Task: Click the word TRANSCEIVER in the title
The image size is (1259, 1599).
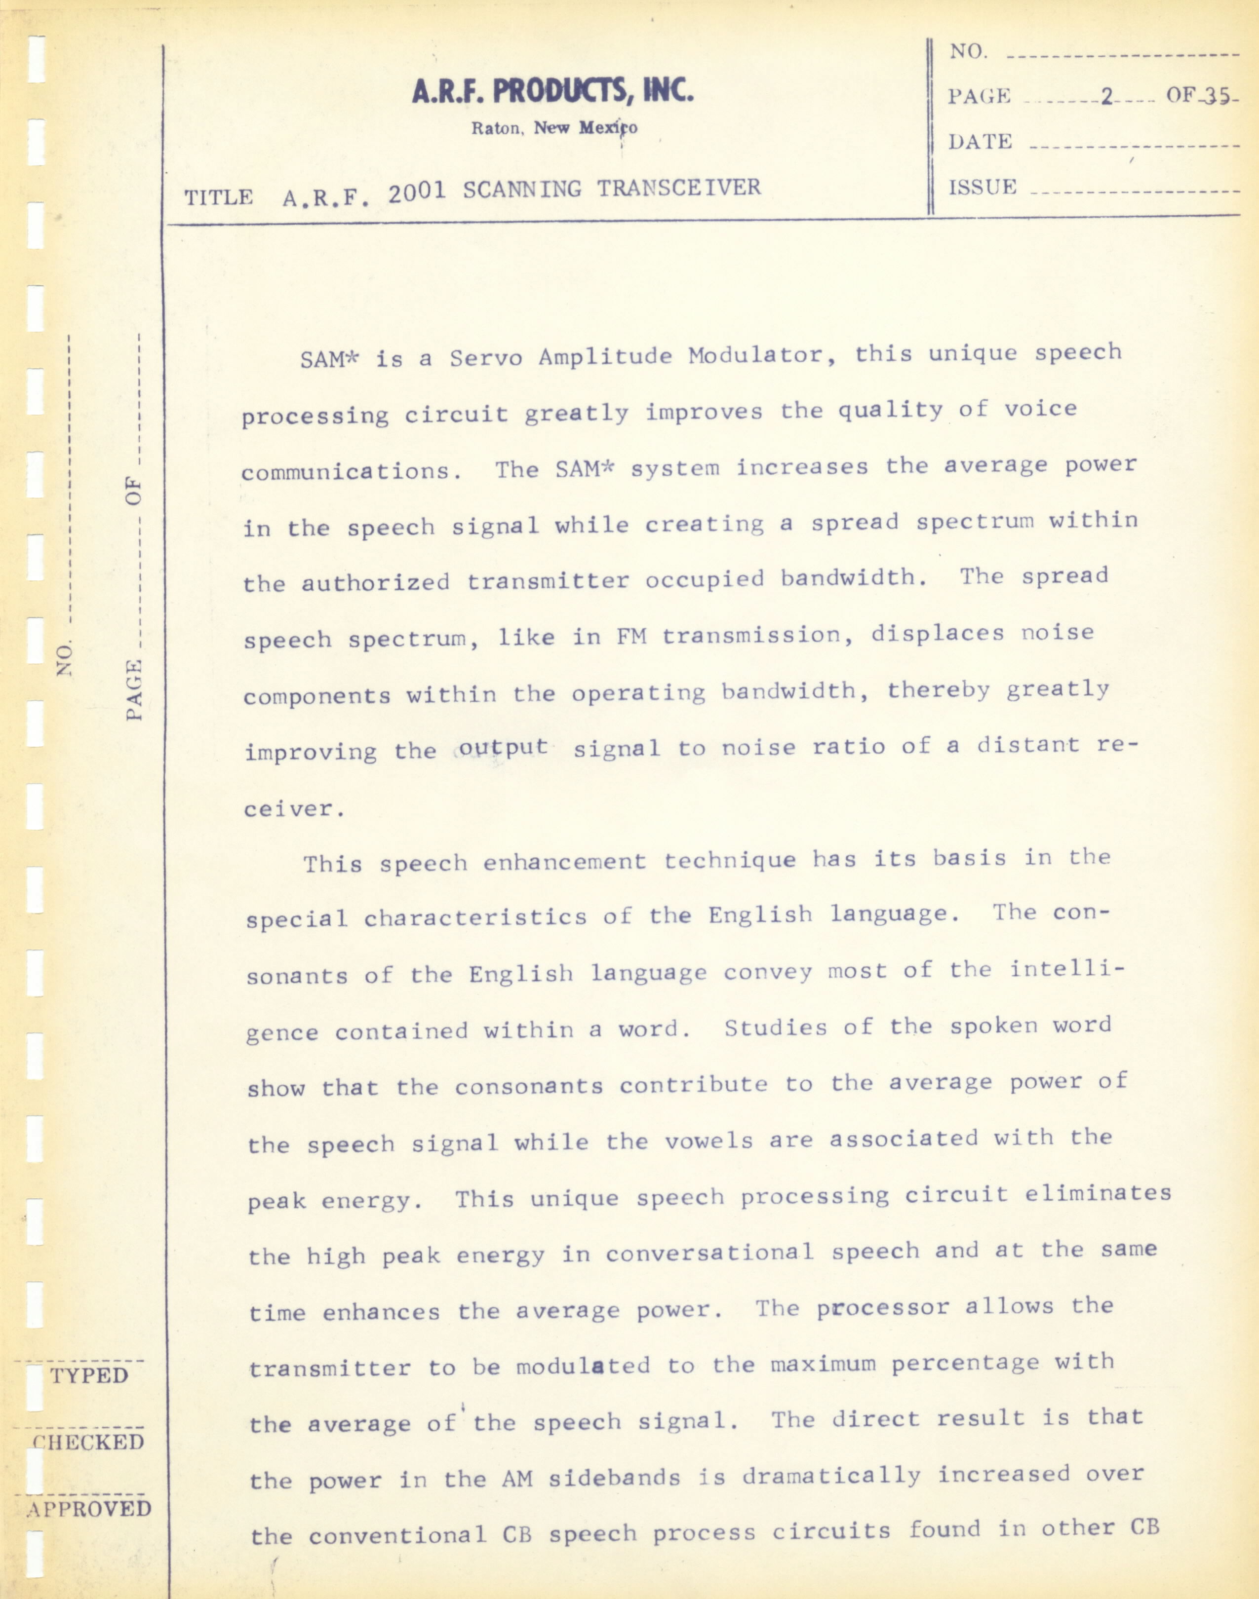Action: (x=678, y=188)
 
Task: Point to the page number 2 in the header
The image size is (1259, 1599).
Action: (x=1105, y=97)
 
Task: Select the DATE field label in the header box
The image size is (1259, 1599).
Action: (x=980, y=142)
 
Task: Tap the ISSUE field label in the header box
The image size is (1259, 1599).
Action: (x=983, y=188)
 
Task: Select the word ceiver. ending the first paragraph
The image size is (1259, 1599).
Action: (x=294, y=809)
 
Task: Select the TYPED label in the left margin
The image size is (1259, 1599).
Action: (x=89, y=1376)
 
